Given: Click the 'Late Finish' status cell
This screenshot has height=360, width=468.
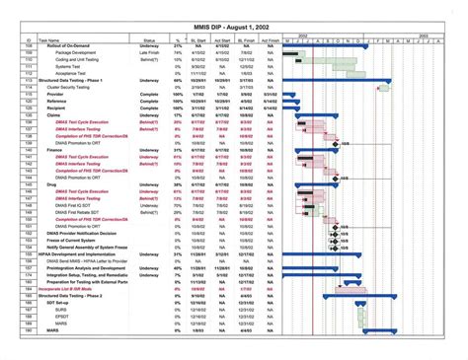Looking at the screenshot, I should pos(148,52).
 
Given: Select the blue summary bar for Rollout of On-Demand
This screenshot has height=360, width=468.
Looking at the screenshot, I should pos(325,45).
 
